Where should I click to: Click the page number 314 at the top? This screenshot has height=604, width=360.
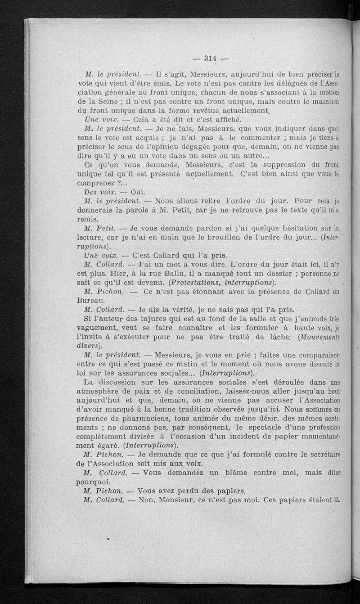[x=211, y=58]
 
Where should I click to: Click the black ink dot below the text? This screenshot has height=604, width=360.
[x=108, y=537]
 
